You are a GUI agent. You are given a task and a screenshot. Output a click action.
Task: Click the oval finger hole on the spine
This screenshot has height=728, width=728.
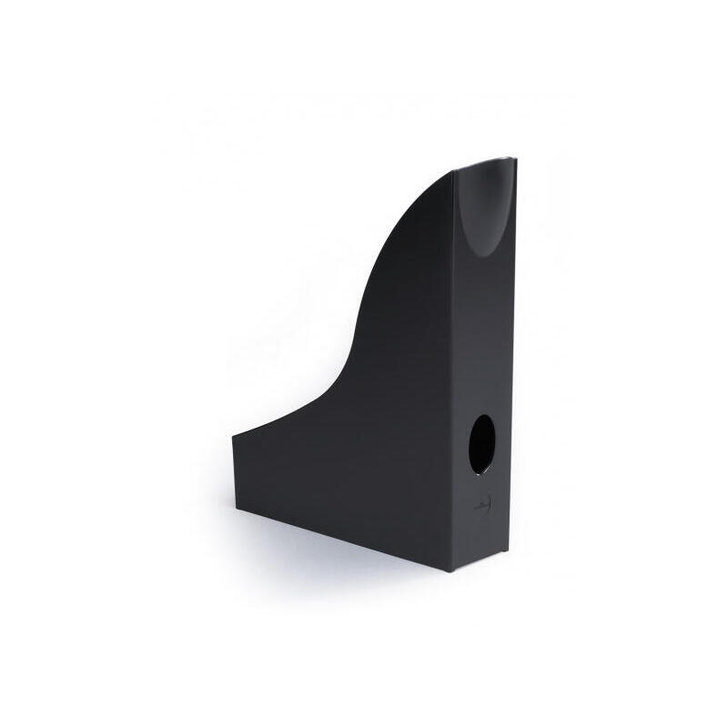click(x=482, y=444)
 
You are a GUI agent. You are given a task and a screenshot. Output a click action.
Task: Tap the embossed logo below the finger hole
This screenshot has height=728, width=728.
click(x=483, y=503)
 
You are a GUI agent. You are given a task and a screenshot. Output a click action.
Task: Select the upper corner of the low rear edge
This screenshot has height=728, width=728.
click(x=233, y=434)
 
